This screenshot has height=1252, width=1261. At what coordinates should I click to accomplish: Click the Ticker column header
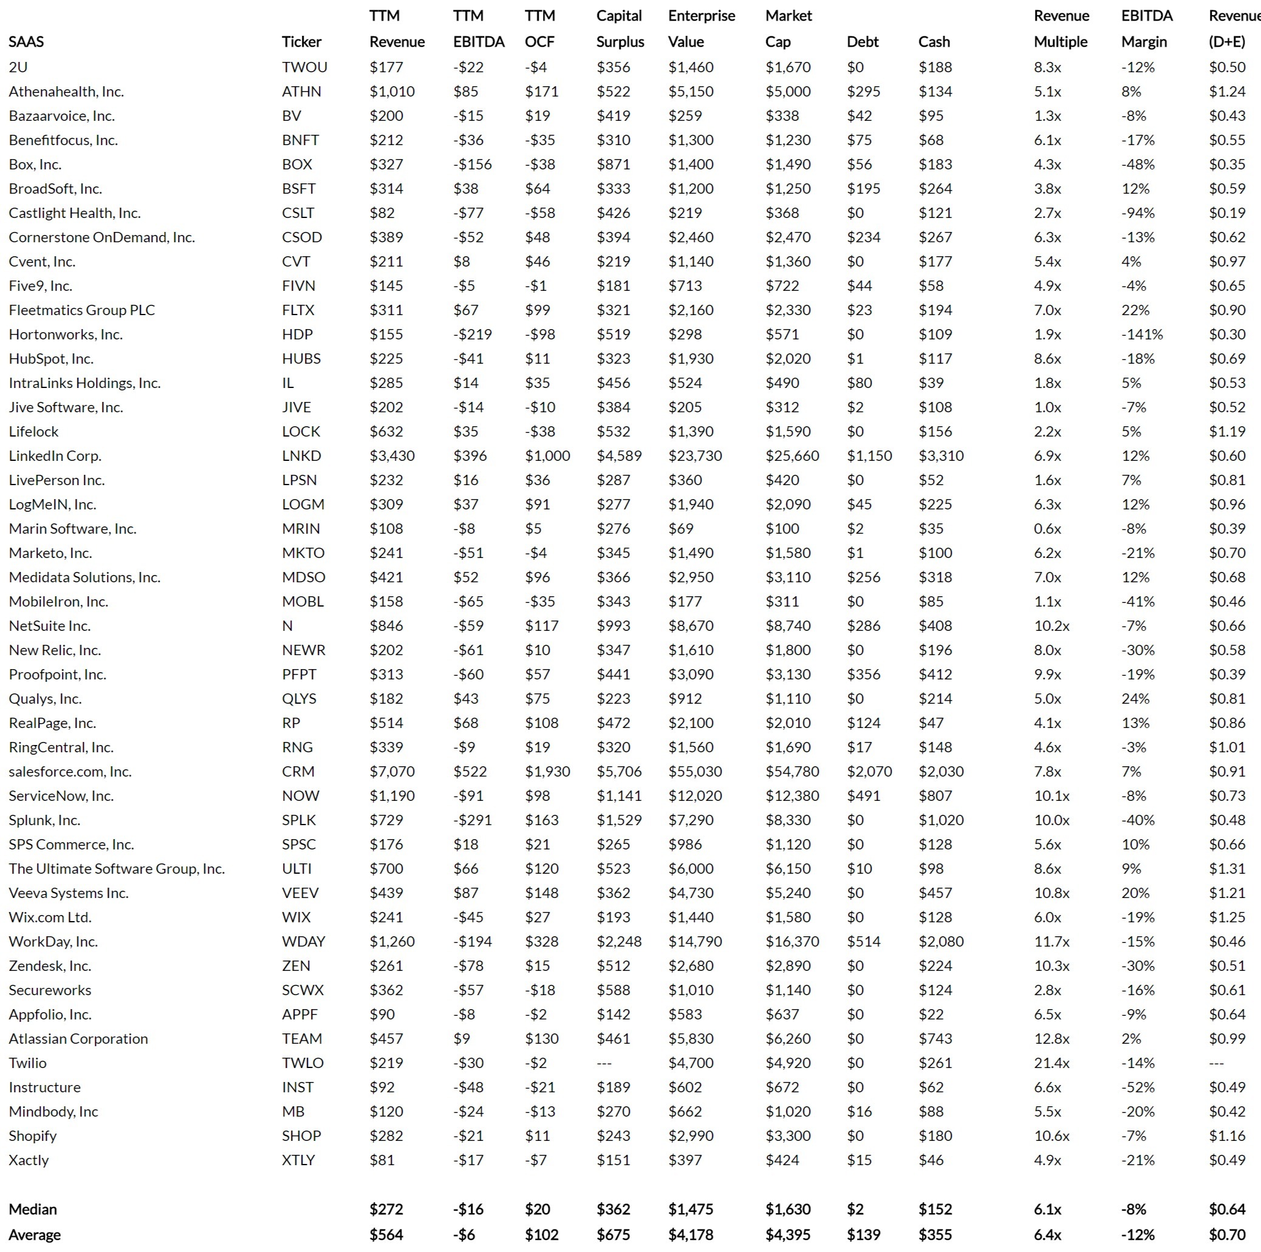tap(301, 42)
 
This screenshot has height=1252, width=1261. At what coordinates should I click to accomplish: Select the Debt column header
tap(862, 42)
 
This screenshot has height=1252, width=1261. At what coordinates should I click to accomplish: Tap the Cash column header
tap(934, 42)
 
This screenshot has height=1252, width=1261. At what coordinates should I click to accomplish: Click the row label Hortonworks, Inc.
tap(65, 335)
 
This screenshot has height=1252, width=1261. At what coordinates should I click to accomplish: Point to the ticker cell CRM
tap(298, 772)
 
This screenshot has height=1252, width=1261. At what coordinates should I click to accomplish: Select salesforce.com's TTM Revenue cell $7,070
tap(392, 772)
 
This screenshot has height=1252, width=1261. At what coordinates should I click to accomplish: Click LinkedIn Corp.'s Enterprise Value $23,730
tap(694, 456)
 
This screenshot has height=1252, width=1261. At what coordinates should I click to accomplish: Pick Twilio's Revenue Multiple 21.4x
tap(1051, 1063)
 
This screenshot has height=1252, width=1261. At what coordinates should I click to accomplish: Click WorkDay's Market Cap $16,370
tap(791, 942)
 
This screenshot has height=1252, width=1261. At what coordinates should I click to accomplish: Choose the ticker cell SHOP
tap(301, 1136)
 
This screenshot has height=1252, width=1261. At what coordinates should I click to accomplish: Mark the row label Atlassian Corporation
tap(78, 1039)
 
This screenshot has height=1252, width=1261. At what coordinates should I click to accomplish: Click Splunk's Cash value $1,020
tap(940, 820)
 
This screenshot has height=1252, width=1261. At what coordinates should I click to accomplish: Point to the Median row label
tap(33, 1209)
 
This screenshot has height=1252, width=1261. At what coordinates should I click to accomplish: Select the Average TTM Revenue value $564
tap(386, 1235)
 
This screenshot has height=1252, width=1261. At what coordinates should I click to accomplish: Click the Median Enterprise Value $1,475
tap(691, 1209)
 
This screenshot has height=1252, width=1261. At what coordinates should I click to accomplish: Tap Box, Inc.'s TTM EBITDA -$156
tap(472, 165)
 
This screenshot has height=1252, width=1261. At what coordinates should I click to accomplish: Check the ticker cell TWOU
tap(304, 67)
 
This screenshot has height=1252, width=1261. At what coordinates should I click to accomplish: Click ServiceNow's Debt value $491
tap(863, 796)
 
